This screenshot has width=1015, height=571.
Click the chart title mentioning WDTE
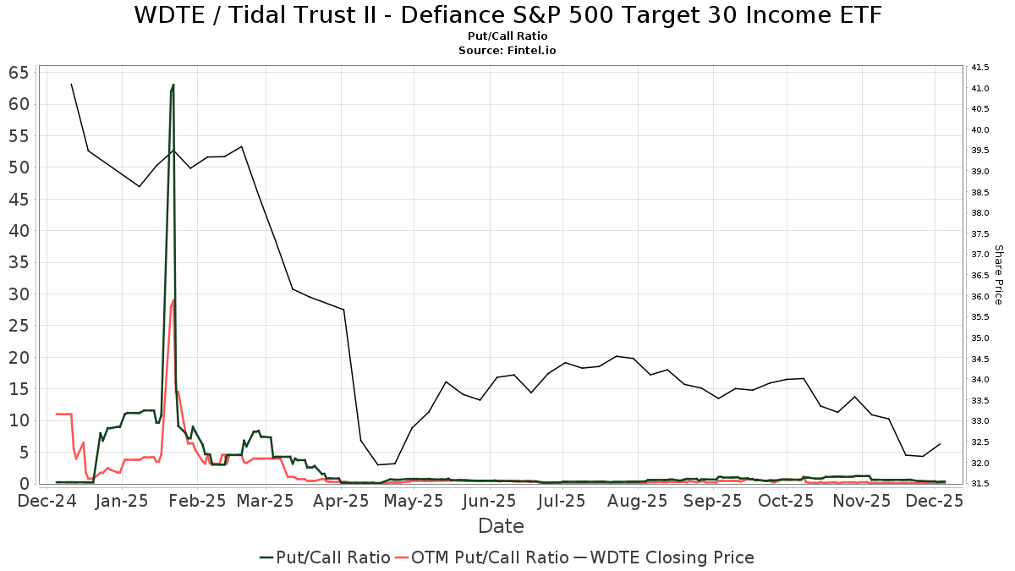(x=507, y=15)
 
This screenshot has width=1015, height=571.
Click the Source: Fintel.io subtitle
(x=507, y=51)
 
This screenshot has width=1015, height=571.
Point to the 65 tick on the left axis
(x=30, y=73)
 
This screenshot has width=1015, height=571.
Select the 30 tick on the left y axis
(x=30, y=294)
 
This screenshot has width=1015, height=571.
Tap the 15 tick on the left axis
(x=30, y=389)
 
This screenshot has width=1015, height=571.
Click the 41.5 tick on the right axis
(x=980, y=68)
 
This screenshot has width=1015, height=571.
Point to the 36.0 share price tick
(x=980, y=296)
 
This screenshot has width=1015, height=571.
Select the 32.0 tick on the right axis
(x=980, y=463)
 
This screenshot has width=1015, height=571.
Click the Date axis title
(x=501, y=526)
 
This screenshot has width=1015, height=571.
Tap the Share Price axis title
(x=998, y=275)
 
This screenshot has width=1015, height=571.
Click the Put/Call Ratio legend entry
(x=325, y=557)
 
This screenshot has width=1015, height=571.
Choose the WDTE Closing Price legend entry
(x=664, y=557)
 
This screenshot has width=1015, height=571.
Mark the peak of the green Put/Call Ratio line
(x=173, y=85)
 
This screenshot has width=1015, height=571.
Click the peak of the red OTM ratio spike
(x=173, y=299)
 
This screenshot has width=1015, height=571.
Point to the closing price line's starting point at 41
(x=71, y=84)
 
